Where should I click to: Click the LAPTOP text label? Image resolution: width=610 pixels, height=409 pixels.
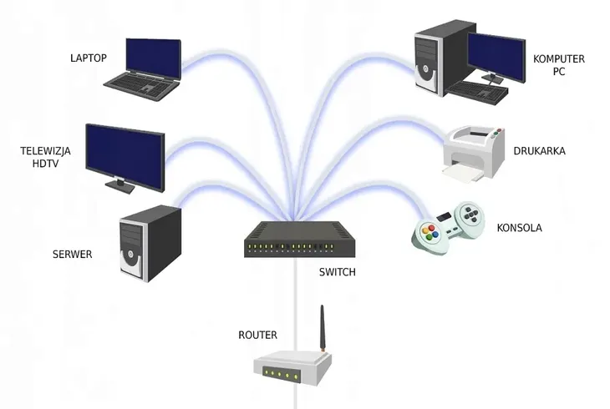coord(89,58)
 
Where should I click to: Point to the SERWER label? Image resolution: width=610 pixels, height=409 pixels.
coord(72,254)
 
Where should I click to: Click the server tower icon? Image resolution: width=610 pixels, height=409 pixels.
coord(150,242)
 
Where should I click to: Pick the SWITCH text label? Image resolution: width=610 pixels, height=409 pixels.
coord(338,272)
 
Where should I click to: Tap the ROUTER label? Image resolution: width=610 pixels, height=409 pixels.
coord(257,336)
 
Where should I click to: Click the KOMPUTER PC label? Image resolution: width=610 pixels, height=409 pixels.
coord(559,65)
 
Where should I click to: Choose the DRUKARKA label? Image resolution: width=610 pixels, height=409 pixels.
coord(541,151)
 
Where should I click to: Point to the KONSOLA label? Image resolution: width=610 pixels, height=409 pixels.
coord(519,227)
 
